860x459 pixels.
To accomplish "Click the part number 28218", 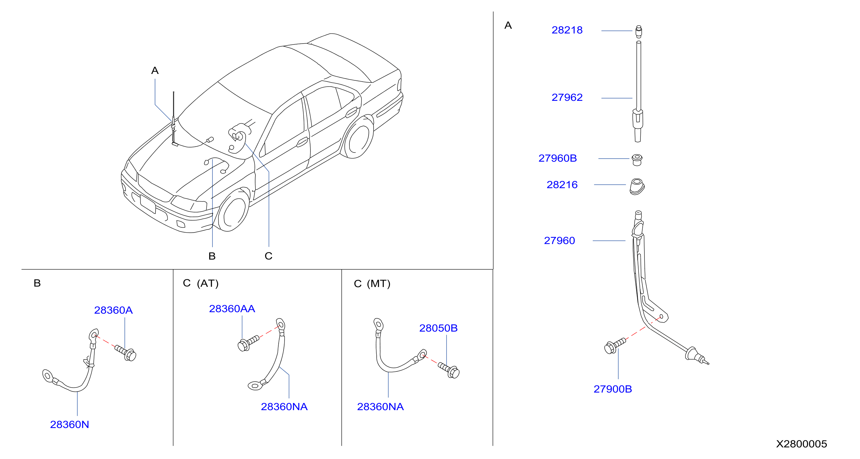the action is pos(567,30).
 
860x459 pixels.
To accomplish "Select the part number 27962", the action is pos(567,97).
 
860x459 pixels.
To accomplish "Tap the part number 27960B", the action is pos(558,158).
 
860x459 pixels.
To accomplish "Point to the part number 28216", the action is pos(562,185).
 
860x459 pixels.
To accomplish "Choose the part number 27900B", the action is pos(613,389).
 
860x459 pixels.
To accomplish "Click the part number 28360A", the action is pos(113,310).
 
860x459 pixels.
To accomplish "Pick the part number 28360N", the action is pos(70,424).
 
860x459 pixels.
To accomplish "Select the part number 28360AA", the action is pos(232,309).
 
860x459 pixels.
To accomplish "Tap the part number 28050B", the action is pos(438,328).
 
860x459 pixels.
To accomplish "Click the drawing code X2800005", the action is pos(802,444).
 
